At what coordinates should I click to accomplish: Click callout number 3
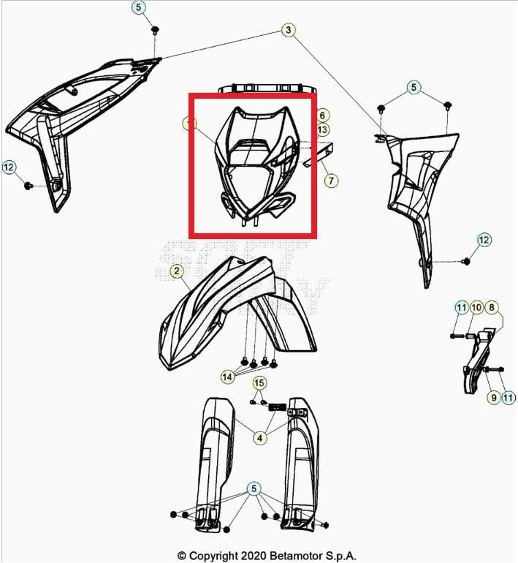pos(289,30)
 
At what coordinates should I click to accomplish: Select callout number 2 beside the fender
pos(177,271)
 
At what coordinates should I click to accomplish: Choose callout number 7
pos(331,180)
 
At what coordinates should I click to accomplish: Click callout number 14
pos(229,377)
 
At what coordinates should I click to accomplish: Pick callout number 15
pos(259,383)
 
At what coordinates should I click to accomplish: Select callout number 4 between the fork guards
pos(259,438)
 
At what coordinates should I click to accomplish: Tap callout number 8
pos(491,307)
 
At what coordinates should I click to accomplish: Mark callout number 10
pos(476,307)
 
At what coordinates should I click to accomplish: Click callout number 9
pos(494,397)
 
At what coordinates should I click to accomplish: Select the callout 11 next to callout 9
pos(509,397)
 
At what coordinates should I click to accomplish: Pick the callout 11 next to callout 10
pos(461,307)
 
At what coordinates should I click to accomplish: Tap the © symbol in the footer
pos(181,556)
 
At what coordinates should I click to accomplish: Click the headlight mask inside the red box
pos(252,165)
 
